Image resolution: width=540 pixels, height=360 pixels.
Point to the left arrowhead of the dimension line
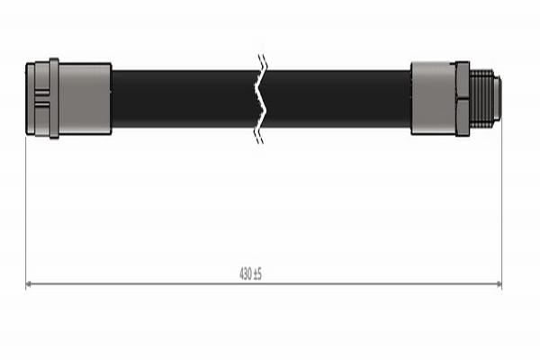pos(29,284)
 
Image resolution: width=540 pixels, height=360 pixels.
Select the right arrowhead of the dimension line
pos(498,284)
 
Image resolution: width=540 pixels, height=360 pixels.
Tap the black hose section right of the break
pos(337,99)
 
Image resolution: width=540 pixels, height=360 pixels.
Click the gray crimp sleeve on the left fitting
pos(85,99)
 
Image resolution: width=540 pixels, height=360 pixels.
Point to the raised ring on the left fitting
pos(54,99)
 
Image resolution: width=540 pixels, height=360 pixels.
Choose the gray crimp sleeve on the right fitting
pos(433,99)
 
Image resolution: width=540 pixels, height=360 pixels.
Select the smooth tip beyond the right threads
pos(497,99)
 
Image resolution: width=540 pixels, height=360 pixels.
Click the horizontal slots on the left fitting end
pos(41,99)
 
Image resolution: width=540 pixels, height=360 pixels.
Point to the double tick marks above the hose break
pos(262,61)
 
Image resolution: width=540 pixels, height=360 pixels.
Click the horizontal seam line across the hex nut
pos(463,99)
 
